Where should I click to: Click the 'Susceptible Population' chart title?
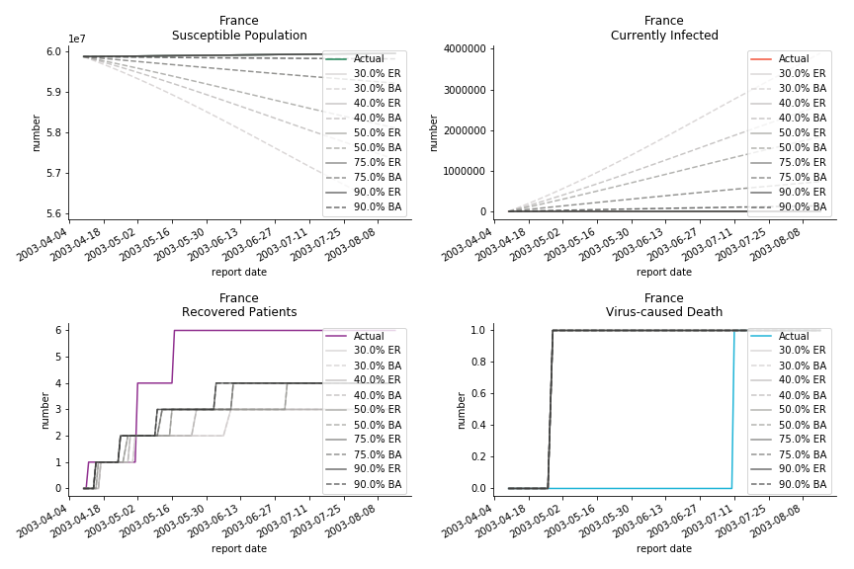239,36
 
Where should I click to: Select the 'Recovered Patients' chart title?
239,312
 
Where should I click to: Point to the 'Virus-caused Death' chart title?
664,312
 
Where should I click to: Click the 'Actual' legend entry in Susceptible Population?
369,59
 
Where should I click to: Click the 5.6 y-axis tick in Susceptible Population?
52,213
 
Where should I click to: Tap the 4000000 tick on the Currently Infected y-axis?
466,49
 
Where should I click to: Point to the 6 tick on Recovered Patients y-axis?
58,330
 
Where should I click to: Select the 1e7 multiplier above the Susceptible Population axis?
76,40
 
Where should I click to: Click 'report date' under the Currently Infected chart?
664,273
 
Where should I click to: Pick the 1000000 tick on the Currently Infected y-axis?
466,171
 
